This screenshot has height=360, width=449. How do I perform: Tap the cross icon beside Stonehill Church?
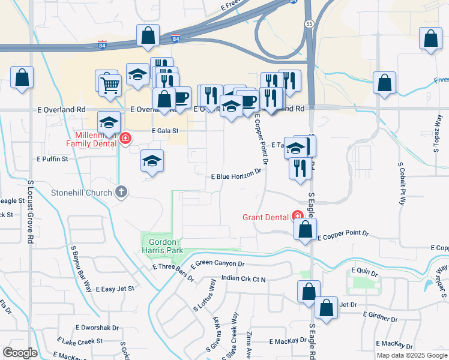[x=121, y=193]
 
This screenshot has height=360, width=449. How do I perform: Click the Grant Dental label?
[x=266, y=217]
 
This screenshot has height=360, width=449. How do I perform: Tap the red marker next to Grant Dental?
[x=297, y=216]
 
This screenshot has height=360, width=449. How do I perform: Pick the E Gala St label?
[x=166, y=130]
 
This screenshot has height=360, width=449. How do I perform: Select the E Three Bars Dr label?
[x=173, y=272]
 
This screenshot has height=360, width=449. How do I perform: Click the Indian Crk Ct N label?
[x=243, y=278]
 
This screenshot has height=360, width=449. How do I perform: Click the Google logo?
[x=20, y=353]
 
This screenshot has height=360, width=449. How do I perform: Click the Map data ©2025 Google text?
[x=412, y=355]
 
